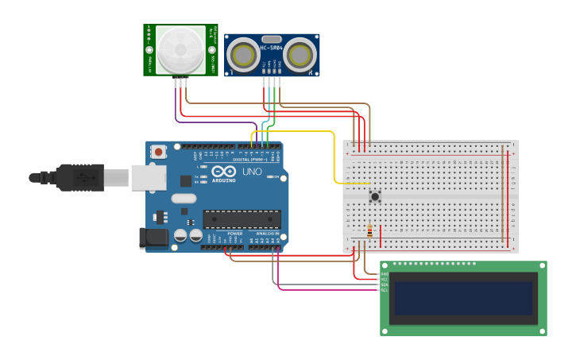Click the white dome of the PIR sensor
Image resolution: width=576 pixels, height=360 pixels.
point(180,49)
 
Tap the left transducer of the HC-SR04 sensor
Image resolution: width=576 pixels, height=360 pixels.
point(242,55)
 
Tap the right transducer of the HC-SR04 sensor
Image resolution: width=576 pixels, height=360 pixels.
point(300,55)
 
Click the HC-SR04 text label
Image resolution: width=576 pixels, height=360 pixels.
point(271,48)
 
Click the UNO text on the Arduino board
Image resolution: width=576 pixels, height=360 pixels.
point(252,172)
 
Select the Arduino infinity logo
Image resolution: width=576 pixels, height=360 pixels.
point(223,172)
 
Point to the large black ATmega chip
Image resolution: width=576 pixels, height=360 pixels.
point(242,219)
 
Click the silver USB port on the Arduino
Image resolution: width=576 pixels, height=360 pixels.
point(149,177)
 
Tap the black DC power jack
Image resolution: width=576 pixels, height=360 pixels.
point(153,237)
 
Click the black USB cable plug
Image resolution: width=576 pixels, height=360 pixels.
point(79,177)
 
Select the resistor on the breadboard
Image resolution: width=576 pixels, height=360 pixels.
point(369,231)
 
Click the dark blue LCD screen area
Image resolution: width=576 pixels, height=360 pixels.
point(463,298)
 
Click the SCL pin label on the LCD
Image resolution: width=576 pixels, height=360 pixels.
point(385,290)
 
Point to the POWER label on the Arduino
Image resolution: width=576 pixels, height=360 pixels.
point(235,234)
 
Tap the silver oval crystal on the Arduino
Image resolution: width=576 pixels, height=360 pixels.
point(184,199)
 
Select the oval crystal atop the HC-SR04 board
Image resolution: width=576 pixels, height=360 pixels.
point(271,38)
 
